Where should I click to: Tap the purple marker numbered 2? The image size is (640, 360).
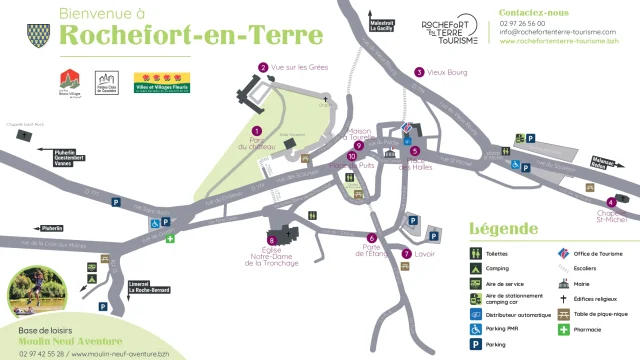[263, 68]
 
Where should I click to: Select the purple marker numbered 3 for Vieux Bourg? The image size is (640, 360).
[419, 72]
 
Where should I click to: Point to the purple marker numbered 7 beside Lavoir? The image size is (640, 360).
[407, 255]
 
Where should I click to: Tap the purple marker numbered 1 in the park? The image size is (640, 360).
[257, 131]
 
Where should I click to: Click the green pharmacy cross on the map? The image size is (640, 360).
[170, 239]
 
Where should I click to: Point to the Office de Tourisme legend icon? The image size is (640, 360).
[564, 254]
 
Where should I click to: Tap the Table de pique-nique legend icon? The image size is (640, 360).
[564, 314]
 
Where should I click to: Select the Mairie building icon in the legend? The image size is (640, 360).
[564, 284]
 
